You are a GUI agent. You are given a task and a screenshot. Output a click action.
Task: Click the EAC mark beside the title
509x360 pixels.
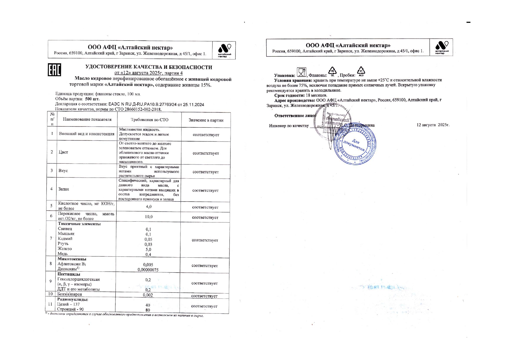pos(54,70)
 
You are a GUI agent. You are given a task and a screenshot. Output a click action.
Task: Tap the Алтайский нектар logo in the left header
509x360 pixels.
pos(224,50)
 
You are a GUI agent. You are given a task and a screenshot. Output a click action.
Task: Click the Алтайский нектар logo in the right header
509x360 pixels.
pos(442,47)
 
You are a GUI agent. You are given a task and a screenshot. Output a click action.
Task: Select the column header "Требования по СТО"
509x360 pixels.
pos(149,120)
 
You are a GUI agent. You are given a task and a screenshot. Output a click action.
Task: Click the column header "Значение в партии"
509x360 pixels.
pos(206,120)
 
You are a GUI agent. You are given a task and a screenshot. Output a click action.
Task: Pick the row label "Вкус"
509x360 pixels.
pos(63,171)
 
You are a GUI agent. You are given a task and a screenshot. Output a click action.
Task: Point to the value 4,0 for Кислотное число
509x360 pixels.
pos(148,207)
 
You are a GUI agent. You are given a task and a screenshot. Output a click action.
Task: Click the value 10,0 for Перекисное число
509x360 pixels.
pos(148,217)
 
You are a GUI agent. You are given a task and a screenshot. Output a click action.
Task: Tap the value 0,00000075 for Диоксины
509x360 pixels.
pos(148,270)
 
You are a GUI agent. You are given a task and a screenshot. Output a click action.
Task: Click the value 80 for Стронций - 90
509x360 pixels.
pos(148,310)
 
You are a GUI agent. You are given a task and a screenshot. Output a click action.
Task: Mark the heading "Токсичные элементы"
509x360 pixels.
pos(79,224)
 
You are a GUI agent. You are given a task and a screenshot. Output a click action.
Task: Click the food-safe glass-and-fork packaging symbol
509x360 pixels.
pos(301,72)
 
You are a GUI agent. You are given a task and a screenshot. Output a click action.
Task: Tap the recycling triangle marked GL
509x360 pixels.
pos(332,71)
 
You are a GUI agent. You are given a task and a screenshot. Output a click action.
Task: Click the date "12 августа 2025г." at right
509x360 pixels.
pos(433,125)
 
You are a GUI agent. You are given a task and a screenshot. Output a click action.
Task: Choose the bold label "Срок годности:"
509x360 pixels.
pos(289,95)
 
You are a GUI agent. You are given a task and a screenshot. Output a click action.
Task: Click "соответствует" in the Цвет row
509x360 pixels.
pos(206,153)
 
